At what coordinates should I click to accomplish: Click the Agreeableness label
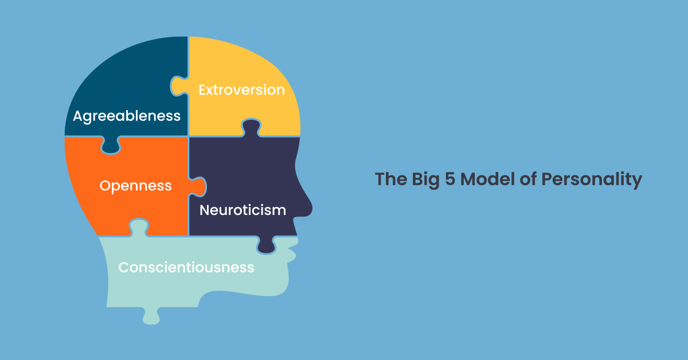[x=127, y=116]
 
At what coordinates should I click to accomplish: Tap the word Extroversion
[x=242, y=90]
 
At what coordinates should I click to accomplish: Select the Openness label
[x=135, y=186]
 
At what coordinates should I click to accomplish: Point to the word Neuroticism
[x=243, y=210]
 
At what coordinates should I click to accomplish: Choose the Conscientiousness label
[x=186, y=268]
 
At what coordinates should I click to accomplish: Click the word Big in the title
[x=425, y=179]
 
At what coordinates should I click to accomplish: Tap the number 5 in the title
[x=450, y=179]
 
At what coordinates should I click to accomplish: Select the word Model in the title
[x=487, y=179]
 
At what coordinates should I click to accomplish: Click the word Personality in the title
[x=592, y=179]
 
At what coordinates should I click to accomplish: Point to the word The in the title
[x=391, y=179]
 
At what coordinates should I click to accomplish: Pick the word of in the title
[x=527, y=179]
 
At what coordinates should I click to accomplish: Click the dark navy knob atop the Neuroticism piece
[x=251, y=128]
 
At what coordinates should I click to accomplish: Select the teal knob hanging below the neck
[x=151, y=315]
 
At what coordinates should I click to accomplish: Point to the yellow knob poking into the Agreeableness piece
[x=179, y=87]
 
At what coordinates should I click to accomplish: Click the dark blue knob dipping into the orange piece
[x=111, y=144]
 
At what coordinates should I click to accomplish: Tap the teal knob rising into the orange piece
[x=139, y=228]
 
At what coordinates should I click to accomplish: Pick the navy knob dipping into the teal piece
[x=266, y=245]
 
